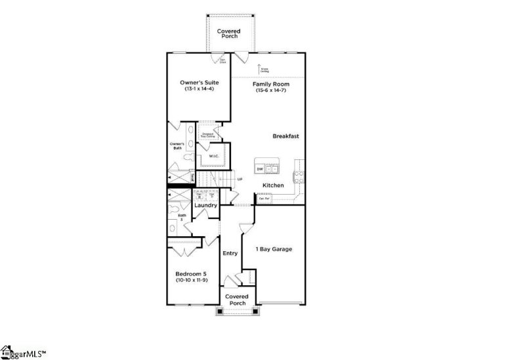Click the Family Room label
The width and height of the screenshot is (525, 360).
coord(270,85)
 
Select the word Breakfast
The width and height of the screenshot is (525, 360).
coord(286,136)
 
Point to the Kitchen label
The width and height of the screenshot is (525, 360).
coord(273,186)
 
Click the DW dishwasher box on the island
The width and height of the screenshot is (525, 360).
coord(260,169)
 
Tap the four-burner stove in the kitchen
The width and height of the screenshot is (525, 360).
coord(299,175)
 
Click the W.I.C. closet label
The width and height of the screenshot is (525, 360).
coord(214,156)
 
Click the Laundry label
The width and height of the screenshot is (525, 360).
coord(205,205)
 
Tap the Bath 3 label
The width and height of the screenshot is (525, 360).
coord(182,217)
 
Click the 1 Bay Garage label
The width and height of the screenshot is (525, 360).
coord(274,249)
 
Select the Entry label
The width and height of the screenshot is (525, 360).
coord(230,253)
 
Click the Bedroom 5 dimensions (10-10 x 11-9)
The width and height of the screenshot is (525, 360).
coord(192,280)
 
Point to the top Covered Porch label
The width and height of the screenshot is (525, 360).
coord(229,33)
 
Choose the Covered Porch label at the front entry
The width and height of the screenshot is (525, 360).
coord(236,300)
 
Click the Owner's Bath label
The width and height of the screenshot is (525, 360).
coord(176,146)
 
